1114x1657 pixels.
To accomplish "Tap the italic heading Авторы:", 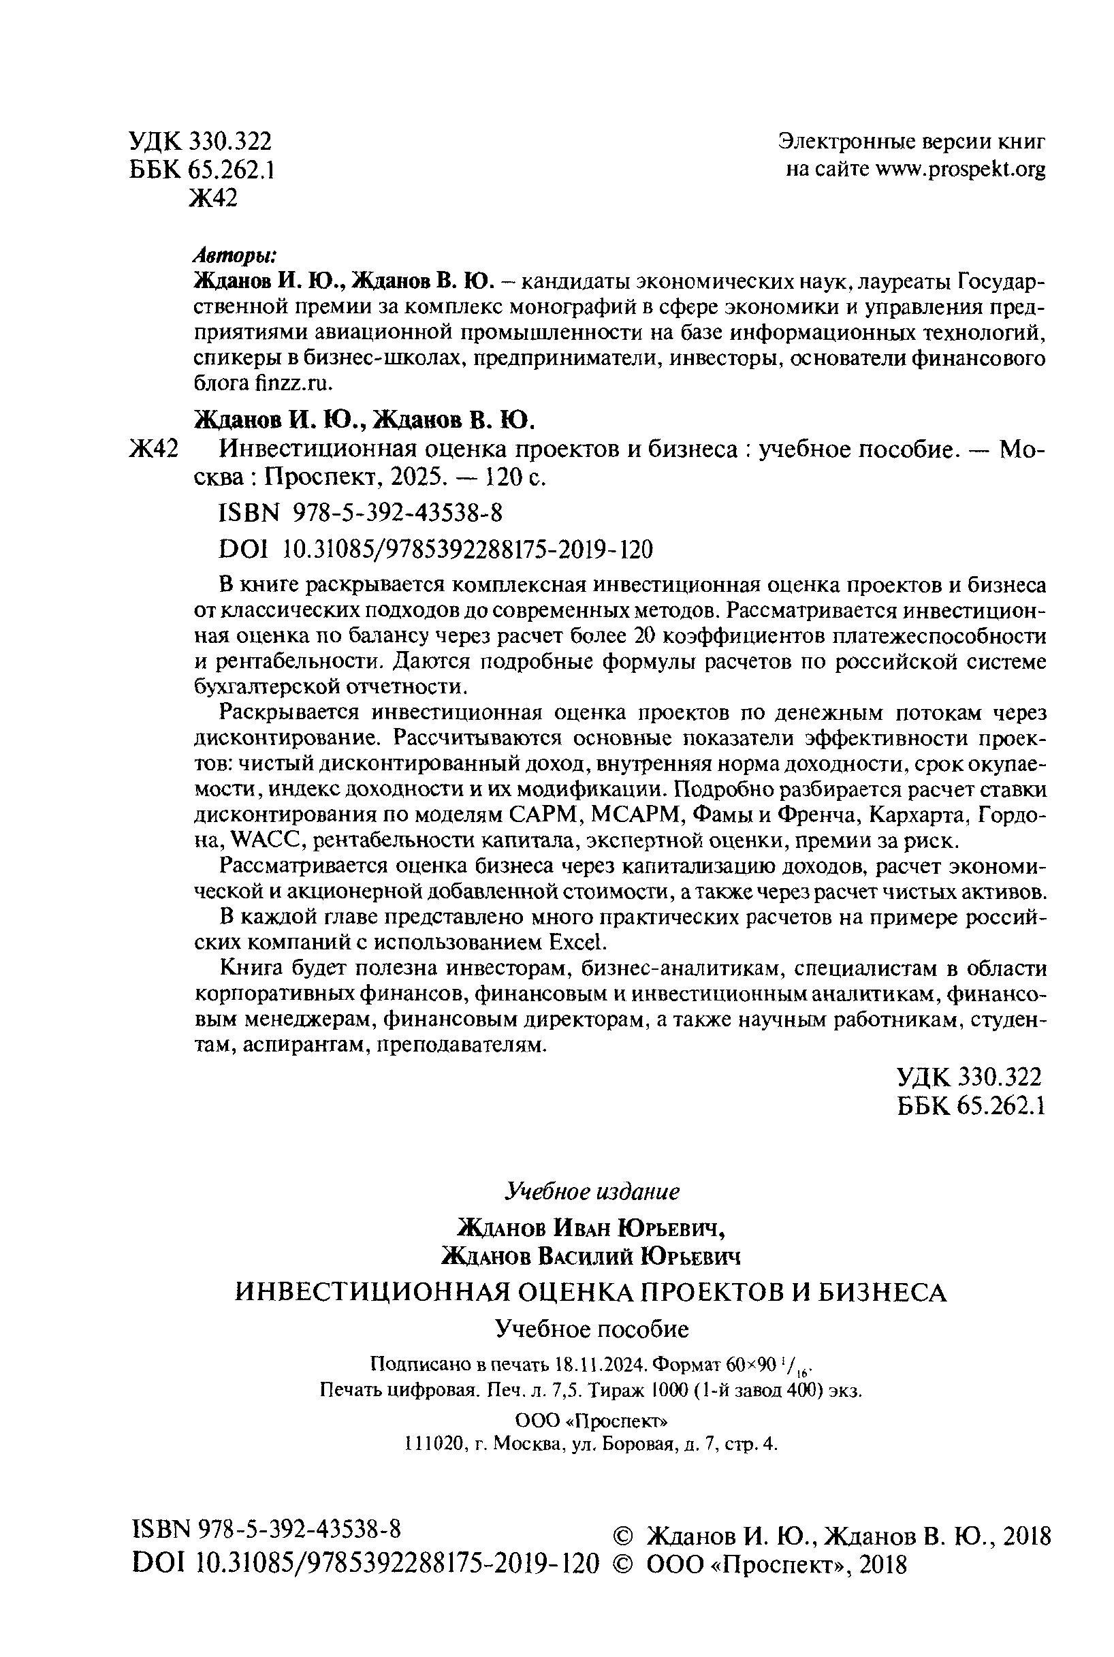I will coord(236,255).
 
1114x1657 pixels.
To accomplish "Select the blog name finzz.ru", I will coord(291,383).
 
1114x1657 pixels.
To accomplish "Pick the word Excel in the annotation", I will coord(579,943).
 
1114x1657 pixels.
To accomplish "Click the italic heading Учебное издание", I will coord(592,1192).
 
